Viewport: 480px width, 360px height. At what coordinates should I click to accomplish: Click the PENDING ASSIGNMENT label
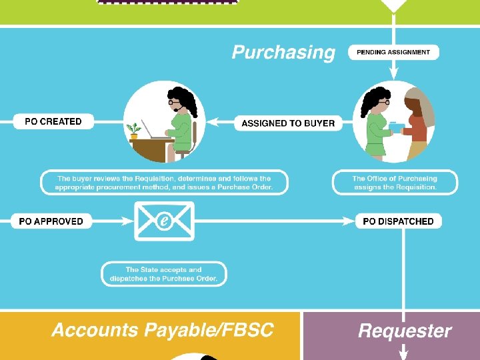click(x=393, y=52)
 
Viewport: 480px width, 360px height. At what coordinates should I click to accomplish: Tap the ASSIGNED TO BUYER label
click(x=288, y=123)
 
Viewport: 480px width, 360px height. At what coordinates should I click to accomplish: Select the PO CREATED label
click(x=53, y=121)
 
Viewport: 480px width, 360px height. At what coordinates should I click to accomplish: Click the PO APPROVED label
click(x=51, y=221)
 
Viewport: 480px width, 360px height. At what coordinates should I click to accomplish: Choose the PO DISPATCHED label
click(x=398, y=221)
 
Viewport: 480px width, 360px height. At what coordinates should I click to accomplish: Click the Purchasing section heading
click(x=283, y=53)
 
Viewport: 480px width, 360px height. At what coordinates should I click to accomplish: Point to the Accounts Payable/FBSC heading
click(x=163, y=330)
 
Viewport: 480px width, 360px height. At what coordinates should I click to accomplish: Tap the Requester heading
click(x=405, y=331)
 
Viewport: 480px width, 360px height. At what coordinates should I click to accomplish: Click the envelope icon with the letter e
click(x=164, y=221)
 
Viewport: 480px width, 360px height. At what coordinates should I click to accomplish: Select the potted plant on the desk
click(x=135, y=130)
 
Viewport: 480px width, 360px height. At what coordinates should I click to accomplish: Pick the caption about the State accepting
click(x=164, y=274)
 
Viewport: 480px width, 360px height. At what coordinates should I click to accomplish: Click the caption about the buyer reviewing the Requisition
click(x=164, y=183)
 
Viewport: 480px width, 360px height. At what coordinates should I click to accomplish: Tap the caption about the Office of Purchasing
click(x=395, y=183)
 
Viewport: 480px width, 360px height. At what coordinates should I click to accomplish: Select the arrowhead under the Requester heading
click(x=404, y=353)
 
